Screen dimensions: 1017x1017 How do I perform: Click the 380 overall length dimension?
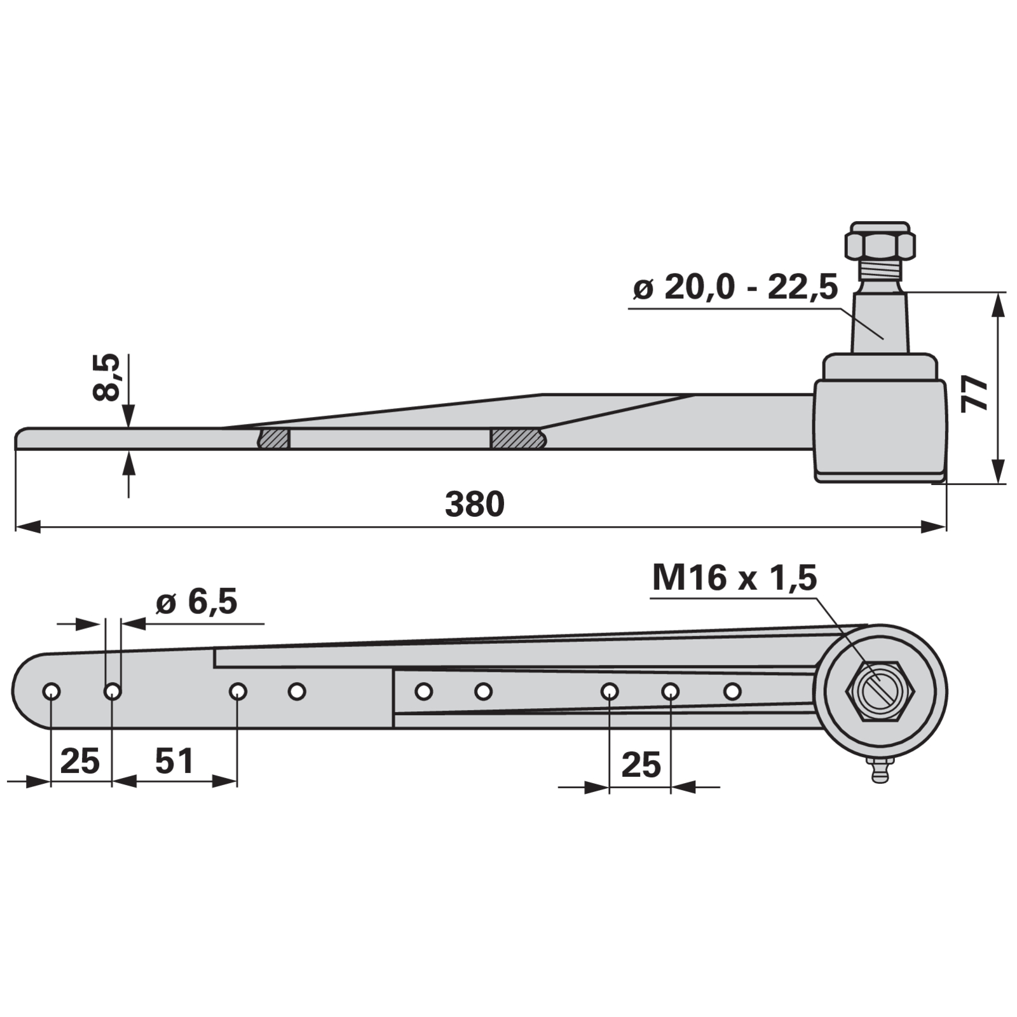click(474, 505)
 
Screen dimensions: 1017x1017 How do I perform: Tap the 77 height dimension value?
click(974, 394)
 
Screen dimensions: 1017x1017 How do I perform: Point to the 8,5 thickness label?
click(106, 377)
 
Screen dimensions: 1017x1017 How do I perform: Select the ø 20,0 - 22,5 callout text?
click(735, 288)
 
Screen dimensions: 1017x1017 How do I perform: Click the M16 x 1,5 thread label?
click(734, 578)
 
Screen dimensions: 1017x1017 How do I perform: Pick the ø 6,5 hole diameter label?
click(196, 601)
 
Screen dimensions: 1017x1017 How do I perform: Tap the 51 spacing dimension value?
click(174, 761)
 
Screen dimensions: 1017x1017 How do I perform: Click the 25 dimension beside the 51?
click(80, 761)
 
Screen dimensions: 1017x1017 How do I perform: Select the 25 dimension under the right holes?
click(641, 765)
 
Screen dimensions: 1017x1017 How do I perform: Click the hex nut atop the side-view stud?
click(880, 241)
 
